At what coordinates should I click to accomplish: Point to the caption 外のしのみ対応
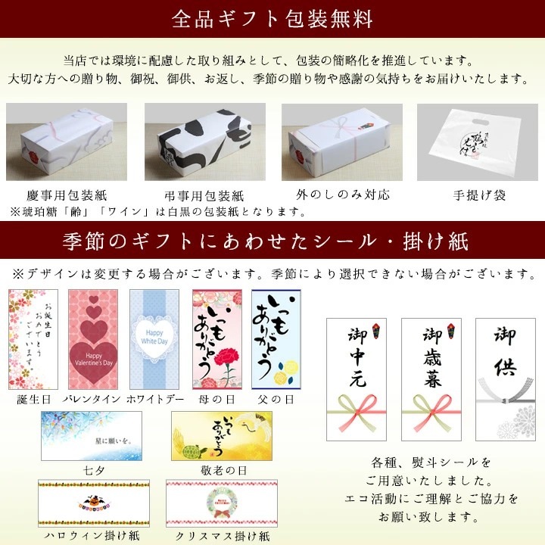coord(344,195)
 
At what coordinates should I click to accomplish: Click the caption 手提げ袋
coord(477,195)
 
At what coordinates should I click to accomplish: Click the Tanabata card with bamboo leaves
coord(92,436)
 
